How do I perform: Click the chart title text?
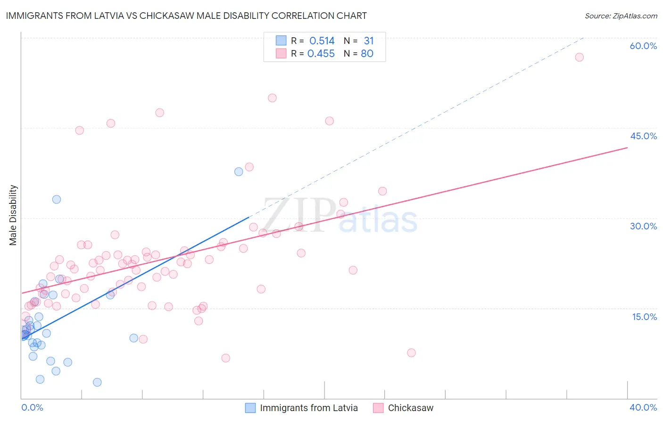(186, 16)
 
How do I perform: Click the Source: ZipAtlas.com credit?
(621, 16)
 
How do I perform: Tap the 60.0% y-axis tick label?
(643, 46)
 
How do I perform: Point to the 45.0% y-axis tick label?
(643, 136)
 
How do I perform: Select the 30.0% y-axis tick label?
(643, 226)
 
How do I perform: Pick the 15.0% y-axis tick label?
(644, 317)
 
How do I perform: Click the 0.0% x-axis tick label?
(32, 407)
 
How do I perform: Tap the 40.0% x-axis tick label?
(643, 407)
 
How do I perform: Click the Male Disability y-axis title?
(13, 215)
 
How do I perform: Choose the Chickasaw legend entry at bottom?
(410, 408)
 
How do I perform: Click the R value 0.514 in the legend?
(322, 41)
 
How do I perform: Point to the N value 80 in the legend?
(367, 54)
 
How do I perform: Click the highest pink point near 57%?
(579, 57)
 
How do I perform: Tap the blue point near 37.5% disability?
(239, 172)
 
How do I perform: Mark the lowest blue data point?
(97, 382)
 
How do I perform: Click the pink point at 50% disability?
(272, 98)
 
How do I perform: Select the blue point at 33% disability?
(57, 199)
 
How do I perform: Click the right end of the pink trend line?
(627, 148)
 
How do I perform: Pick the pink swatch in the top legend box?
(281, 54)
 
